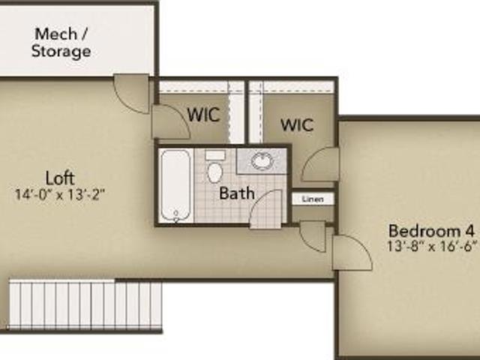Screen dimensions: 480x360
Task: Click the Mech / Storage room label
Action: pyautogui.click(x=61, y=43)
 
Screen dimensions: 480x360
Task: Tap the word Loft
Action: pyautogui.click(x=60, y=178)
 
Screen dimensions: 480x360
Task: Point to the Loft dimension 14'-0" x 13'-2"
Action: pyautogui.click(x=60, y=195)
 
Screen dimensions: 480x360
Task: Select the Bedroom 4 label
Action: pyautogui.click(x=432, y=231)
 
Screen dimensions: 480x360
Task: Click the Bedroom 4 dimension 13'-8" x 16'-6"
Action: pyautogui.click(x=432, y=246)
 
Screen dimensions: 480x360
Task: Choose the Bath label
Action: pyautogui.click(x=237, y=193)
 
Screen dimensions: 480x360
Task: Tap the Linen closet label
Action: pyautogui.click(x=313, y=199)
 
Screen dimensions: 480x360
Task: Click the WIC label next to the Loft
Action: pyautogui.click(x=204, y=115)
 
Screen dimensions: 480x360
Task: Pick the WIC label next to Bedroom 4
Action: pyautogui.click(x=297, y=124)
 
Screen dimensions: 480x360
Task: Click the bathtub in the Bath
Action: pyautogui.click(x=175, y=185)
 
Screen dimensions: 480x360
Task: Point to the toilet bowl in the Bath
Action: pyautogui.click(x=215, y=173)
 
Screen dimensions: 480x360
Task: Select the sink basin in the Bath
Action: pyautogui.click(x=262, y=161)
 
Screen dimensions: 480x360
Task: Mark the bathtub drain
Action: pyautogui.click(x=176, y=213)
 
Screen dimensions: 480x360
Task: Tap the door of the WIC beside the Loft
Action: pyautogui.click(x=171, y=121)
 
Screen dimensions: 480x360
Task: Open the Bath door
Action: pyautogui.click(x=265, y=209)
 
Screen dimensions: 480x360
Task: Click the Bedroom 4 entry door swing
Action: pyautogui.click(x=352, y=253)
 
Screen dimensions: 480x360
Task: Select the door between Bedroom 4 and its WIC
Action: pyautogui.click(x=321, y=164)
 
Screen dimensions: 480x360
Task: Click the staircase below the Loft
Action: pyautogui.click(x=85, y=305)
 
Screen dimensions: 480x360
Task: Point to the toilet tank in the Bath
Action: pyautogui.click(x=215, y=155)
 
